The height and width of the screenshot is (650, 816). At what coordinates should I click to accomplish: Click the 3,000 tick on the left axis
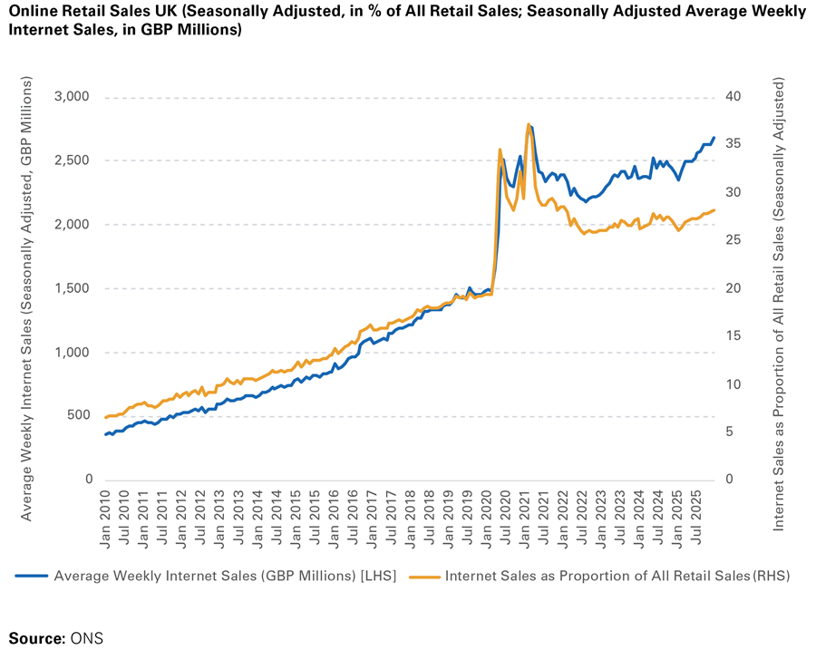[x=73, y=97]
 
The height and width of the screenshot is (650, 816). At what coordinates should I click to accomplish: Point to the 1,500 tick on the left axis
[x=73, y=288]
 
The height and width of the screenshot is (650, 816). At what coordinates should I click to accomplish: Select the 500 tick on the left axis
[x=80, y=415]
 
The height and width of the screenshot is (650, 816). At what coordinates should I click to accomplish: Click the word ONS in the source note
[x=87, y=637]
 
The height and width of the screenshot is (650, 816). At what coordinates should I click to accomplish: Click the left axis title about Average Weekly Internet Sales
[x=27, y=299]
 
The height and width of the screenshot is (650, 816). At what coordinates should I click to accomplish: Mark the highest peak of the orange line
[x=528, y=124]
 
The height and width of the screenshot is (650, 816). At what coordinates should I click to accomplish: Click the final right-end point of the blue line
[x=714, y=138]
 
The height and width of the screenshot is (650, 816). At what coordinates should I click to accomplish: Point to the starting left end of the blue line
[x=105, y=435]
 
